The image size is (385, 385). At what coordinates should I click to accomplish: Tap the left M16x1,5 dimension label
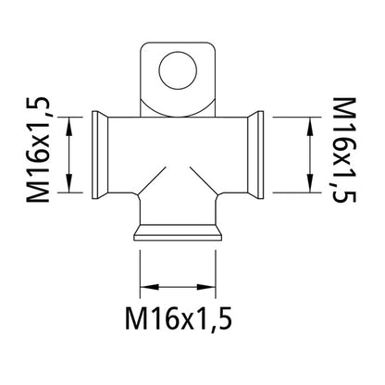[x=38, y=150]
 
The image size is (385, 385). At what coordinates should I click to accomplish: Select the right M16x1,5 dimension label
[x=344, y=150]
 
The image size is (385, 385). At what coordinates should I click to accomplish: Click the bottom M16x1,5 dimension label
[x=179, y=318]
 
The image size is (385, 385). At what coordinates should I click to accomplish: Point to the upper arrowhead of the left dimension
[x=69, y=126]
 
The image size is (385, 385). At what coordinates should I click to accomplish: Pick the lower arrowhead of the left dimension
[x=69, y=183]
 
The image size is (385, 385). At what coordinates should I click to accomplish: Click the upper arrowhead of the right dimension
[x=309, y=126]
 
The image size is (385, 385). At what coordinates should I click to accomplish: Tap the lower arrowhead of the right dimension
[x=309, y=183]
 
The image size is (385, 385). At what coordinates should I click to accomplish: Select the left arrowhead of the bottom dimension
[x=149, y=287]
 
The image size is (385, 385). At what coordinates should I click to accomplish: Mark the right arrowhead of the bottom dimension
[x=206, y=287]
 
